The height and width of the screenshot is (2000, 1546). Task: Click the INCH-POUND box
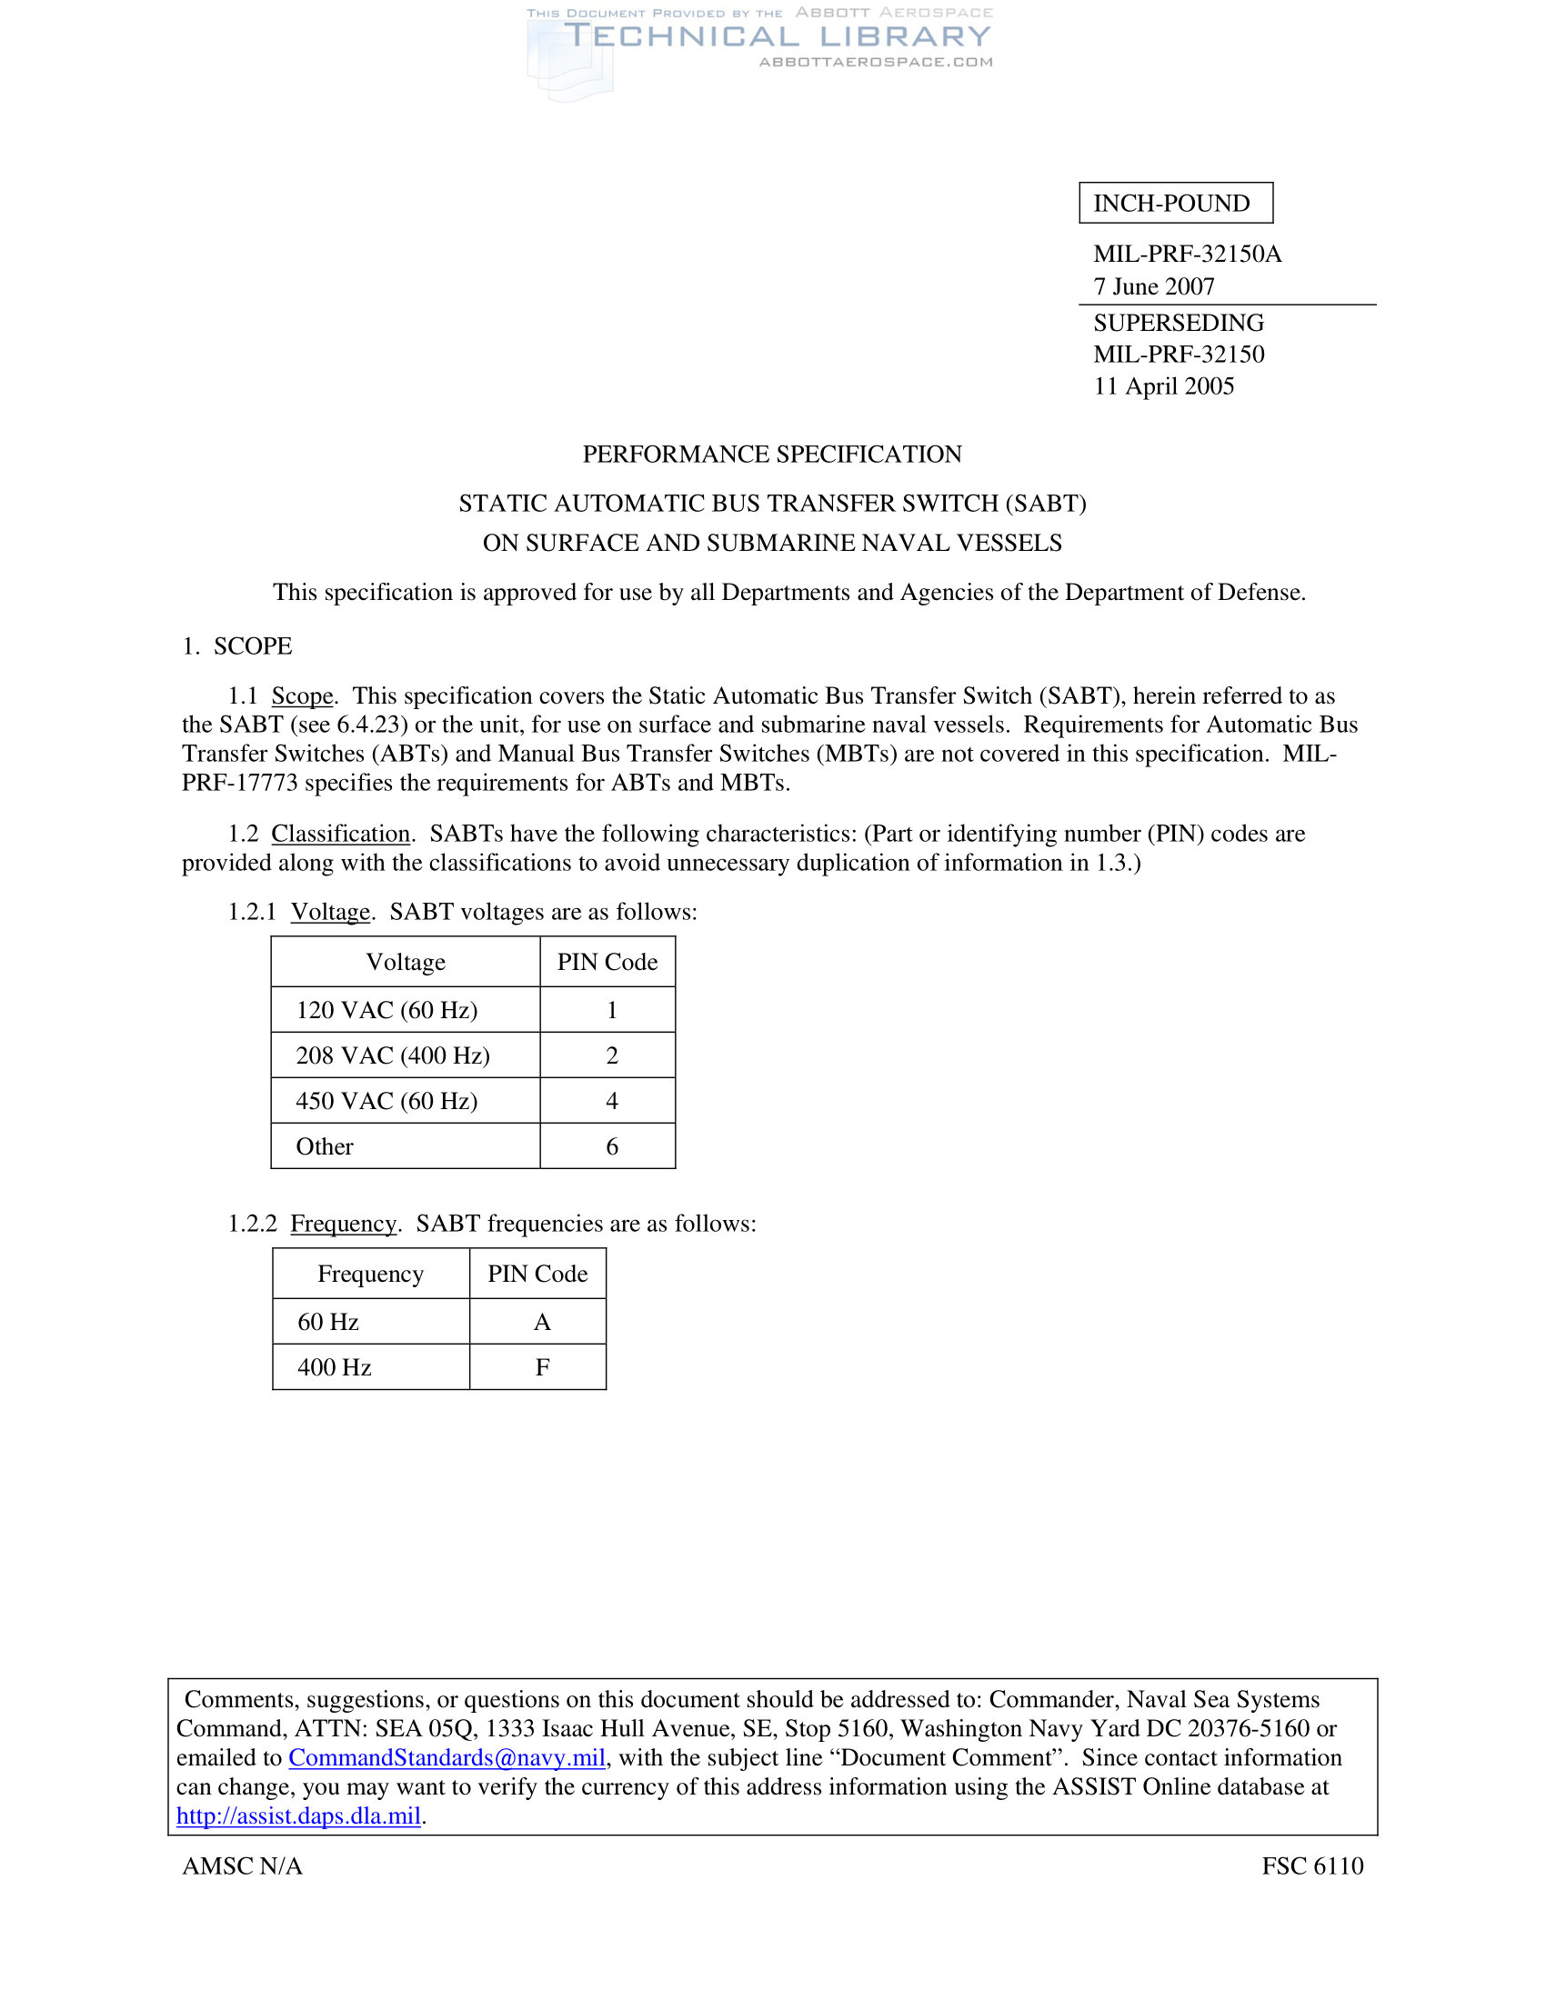(1175, 203)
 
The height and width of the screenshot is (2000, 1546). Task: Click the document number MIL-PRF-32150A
(1187, 254)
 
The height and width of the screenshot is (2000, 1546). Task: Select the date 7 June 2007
(1153, 286)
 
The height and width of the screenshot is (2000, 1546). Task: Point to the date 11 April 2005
(1163, 385)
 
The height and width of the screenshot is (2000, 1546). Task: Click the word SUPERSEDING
(1178, 323)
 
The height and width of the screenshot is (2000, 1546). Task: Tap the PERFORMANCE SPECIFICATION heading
(772, 455)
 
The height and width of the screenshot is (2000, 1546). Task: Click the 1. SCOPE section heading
(237, 645)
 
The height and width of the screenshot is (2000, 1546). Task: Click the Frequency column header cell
(370, 1274)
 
